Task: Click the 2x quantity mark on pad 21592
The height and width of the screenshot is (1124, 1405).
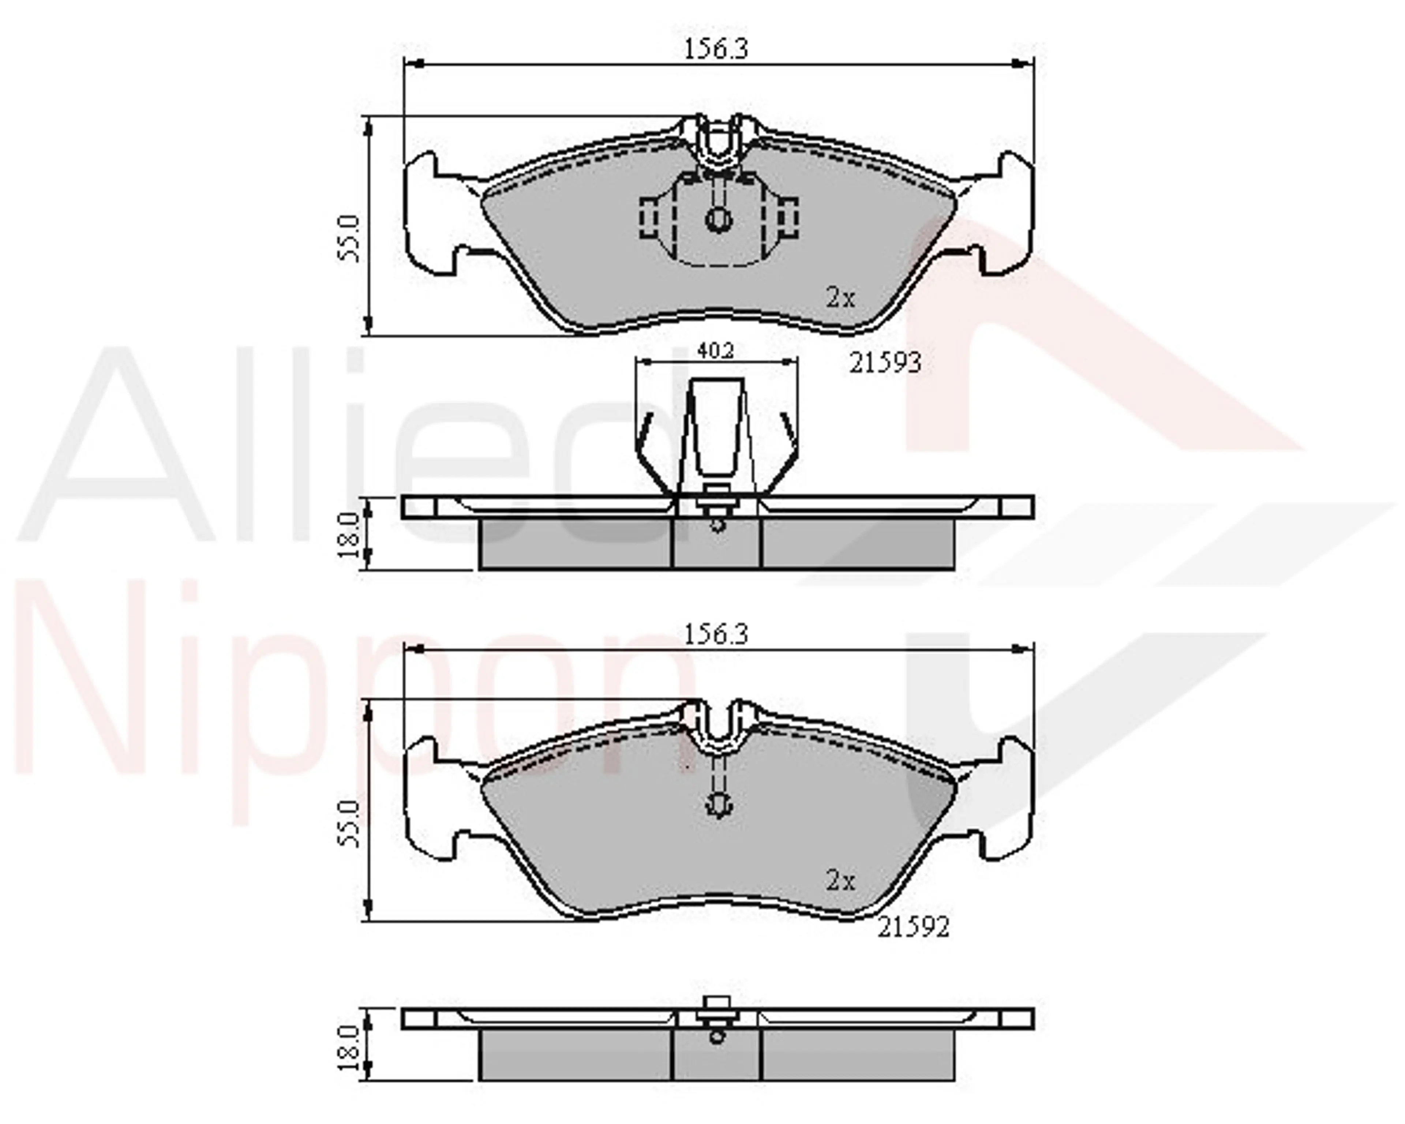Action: [841, 882]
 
